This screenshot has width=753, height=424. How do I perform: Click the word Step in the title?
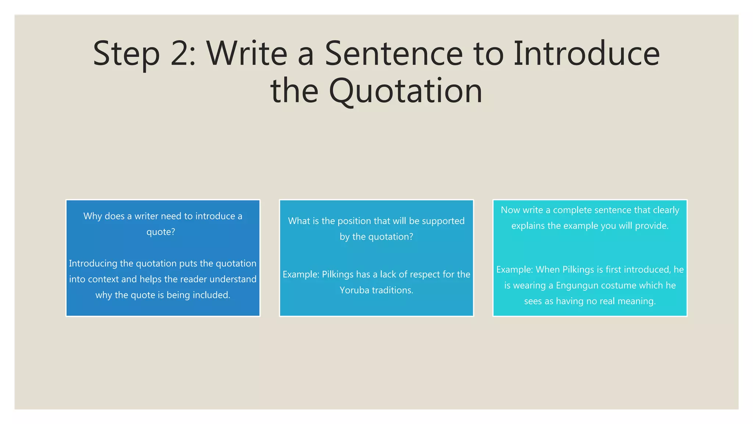[x=126, y=54]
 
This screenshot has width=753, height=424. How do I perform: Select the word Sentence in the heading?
[x=393, y=54]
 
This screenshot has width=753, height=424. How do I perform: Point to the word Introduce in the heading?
[x=586, y=54]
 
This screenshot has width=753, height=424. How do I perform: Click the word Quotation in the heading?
[x=405, y=91]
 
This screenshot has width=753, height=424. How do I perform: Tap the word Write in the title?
[x=247, y=54]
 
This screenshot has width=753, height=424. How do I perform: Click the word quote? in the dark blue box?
[x=161, y=232]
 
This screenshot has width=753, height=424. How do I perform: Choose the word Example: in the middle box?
[x=301, y=275]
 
